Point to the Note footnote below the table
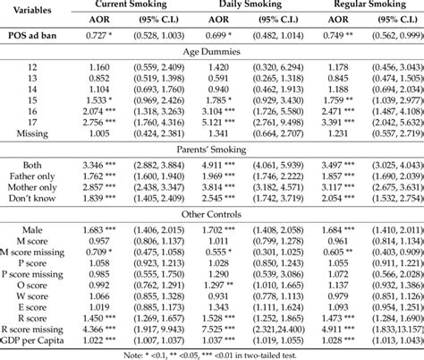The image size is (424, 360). [x=212, y=355]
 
